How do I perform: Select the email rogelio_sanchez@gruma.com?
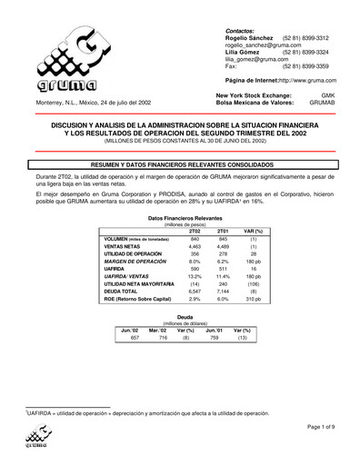[x=264, y=45]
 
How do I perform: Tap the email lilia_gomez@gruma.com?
[x=256, y=60]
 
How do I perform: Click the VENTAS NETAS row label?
[x=122, y=246]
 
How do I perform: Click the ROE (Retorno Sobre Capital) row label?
[x=137, y=298]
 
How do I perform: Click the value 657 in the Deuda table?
[x=135, y=337]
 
